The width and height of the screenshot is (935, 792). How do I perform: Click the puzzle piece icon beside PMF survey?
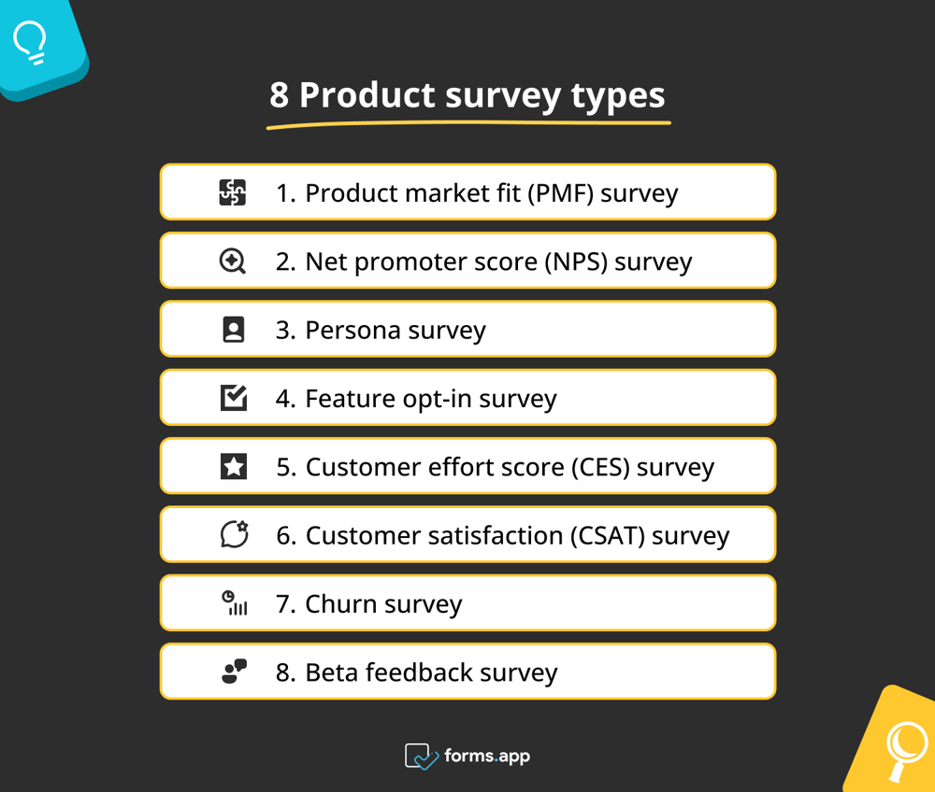[x=233, y=192]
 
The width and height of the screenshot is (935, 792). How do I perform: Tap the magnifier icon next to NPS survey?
[x=233, y=261]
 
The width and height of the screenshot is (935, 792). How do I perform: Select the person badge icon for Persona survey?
[x=233, y=330]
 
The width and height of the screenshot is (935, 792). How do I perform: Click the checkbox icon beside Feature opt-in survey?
[x=234, y=397]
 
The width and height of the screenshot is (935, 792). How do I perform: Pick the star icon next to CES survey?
[x=233, y=466]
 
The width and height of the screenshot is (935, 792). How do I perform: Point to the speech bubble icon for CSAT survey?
[x=235, y=533]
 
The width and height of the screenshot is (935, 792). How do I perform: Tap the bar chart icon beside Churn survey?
[x=235, y=602]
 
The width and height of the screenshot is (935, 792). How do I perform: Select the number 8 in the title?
[x=279, y=95]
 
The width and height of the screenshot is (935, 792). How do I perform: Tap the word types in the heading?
[x=618, y=97]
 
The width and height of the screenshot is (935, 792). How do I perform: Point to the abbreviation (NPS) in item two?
[x=575, y=262]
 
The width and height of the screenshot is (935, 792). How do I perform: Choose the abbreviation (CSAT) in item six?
[x=608, y=535]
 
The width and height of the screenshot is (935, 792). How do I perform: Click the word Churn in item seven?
[x=341, y=604]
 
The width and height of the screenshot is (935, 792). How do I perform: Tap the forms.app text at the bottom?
[x=487, y=757]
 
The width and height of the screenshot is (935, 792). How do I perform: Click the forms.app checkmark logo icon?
[x=421, y=757]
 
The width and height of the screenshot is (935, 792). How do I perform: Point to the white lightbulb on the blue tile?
[x=31, y=42]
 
